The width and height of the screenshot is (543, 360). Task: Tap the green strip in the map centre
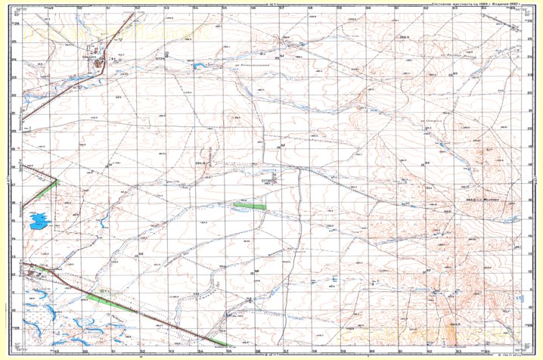[x=250, y=206]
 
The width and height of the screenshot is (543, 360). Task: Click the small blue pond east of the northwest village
[x=200, y=67]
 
